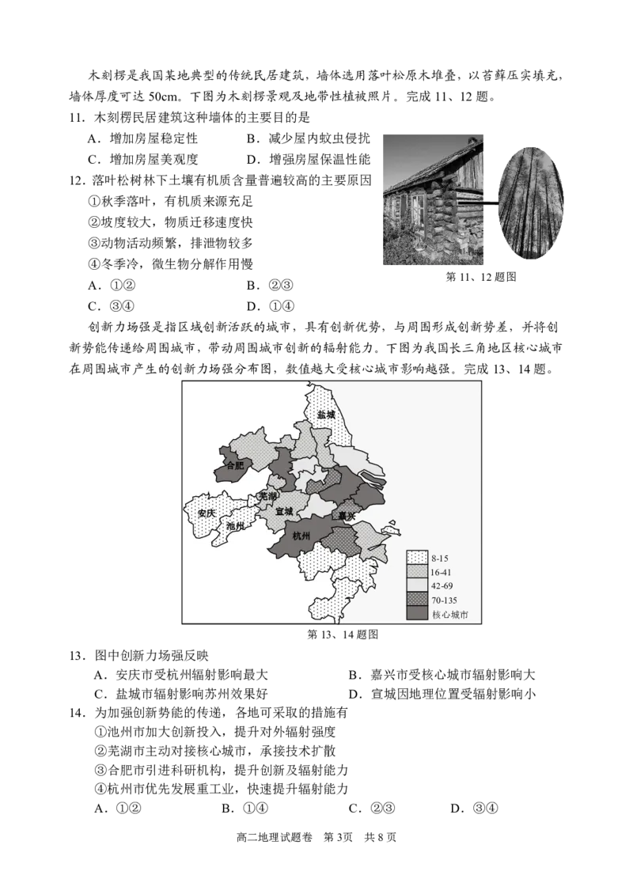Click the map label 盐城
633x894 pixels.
[x=326, y=415]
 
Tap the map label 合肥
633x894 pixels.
[x=235, y=466]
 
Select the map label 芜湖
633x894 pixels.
[x=267, y=497]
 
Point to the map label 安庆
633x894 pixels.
[x=207, y=513]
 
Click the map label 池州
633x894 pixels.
[x=235, y=526]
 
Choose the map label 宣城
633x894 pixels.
[x=283, y=512]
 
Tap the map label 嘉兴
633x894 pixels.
[x=347, y=516]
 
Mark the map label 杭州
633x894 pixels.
[x=302, y=536]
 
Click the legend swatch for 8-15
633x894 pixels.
[x=417, y=557]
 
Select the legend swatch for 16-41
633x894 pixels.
[x=417, y=571]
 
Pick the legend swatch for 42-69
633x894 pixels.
[x=417, y=585]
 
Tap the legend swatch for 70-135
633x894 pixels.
[x=417, y=600]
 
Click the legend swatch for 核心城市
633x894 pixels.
[x=417, y=614]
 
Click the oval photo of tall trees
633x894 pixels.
[x=529, y=201]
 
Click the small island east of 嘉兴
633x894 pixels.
[x=389, y=525]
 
